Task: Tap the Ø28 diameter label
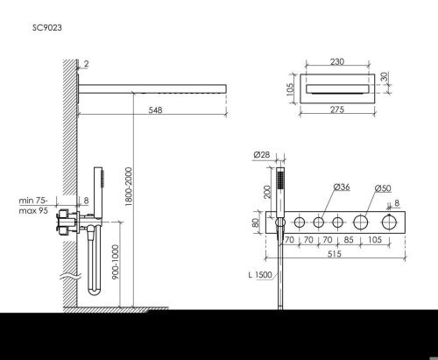[261, 155]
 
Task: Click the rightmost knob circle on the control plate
[387, 222]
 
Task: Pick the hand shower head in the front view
[281, 181]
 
